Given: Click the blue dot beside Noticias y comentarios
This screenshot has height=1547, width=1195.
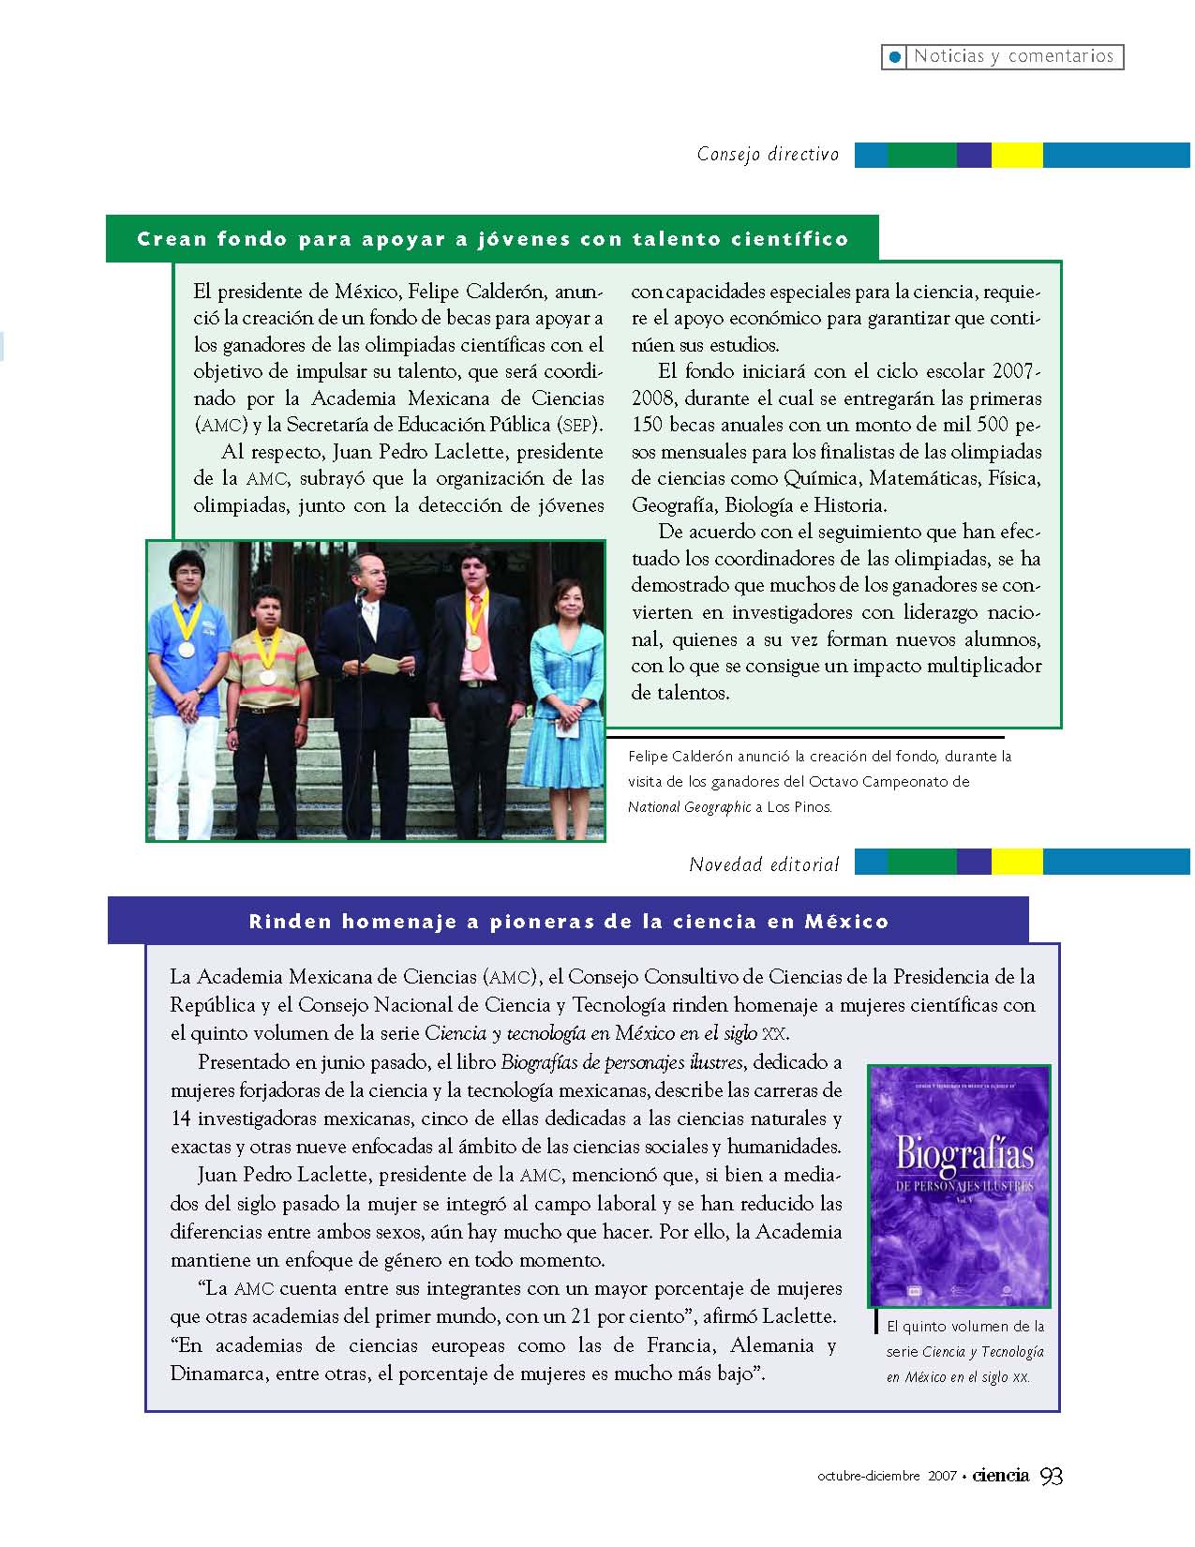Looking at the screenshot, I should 895,57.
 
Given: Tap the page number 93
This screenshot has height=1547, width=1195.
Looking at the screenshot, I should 1052,1477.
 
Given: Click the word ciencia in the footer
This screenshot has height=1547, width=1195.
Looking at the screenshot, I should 1000,1476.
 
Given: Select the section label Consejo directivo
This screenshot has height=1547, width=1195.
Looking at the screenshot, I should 768,155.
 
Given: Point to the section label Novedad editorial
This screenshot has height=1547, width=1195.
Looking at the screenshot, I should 764,864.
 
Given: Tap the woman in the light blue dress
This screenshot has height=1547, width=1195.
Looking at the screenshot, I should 567,684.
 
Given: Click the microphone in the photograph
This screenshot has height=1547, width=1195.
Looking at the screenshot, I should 360,593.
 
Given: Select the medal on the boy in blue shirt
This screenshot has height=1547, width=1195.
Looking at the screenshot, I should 187,649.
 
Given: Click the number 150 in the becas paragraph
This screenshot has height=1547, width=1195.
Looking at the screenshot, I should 648,425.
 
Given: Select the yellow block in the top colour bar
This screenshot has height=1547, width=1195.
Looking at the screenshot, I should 1017,155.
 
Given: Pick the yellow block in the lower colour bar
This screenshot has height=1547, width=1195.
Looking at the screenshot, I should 1017,862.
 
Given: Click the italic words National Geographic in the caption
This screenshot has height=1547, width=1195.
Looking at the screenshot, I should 689,806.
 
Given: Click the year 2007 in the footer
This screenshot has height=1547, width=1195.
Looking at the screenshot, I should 942,1477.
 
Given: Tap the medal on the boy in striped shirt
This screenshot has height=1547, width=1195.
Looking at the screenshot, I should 267,676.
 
